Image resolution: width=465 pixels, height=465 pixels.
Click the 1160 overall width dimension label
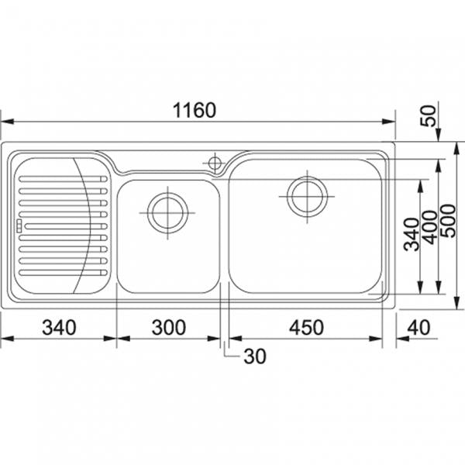(195, 110)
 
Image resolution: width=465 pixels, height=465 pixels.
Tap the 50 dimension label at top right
(429, 115)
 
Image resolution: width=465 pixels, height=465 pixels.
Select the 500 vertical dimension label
(448, 221)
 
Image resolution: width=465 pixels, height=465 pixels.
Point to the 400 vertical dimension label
(430, 227)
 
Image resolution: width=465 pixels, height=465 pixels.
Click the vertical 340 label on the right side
(412, 234)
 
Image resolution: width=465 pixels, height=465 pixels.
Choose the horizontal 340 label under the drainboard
(59, 327)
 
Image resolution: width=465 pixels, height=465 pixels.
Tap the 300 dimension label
(169, 327)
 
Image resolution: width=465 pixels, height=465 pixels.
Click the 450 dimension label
(306, 327)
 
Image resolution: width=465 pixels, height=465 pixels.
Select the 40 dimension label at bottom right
(418, 327)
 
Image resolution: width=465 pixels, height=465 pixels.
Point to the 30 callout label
(255, 356)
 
